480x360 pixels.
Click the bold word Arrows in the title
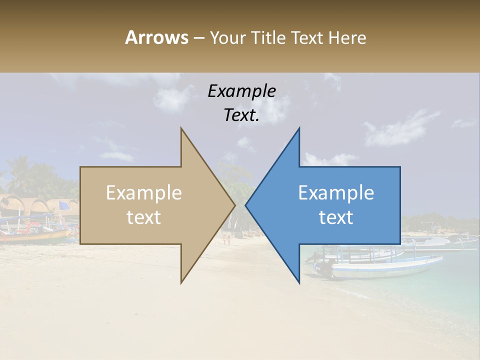tap(156, 37)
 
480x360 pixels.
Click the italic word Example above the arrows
tap(241, 91)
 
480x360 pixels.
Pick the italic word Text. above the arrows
tap(241, 115)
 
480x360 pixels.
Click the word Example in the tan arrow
tap(144, 193)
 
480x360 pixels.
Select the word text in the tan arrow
tap(144, 217)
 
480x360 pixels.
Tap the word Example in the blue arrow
tap(336, 193)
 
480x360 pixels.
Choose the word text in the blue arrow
tap(336, 217)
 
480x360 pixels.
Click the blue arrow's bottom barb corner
tap(299, 282)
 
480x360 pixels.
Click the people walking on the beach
tap(227, 239)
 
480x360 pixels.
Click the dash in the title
tap(198, 38)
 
